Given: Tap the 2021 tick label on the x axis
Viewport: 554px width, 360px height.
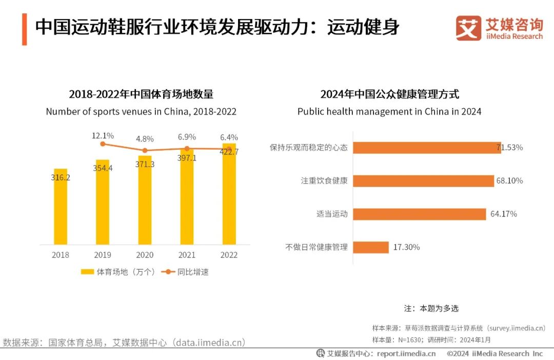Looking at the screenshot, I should click(x=187, y=255).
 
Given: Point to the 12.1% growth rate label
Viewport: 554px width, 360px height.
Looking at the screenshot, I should click(x=103, y=135).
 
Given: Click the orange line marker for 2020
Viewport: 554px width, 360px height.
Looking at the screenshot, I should click(x=145, y=150).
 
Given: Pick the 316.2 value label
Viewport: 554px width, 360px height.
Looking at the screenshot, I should click(x=61, y=177).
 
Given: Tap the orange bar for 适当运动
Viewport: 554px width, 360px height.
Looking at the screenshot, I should click(x=420, y=214).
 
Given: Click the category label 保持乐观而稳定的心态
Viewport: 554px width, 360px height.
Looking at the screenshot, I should click(x=309, y=148).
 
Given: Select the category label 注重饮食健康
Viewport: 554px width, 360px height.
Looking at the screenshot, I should click(x=324, y=181).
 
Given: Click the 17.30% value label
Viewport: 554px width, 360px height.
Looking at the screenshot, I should click(x=406, y=247).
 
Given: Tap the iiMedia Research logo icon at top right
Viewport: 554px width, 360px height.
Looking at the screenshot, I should click(x=468, y=28).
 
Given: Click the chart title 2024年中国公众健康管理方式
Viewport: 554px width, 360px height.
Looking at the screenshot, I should click(x=389, y=94).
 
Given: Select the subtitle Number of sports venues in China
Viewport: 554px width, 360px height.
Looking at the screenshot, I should click(x=141, y=111).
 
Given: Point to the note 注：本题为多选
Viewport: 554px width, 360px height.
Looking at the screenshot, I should click(x=431, y=308).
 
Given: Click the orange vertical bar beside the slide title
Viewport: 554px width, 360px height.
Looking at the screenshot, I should click(x=24, y=29).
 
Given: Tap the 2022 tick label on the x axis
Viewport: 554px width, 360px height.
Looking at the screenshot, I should click(x=229, y=255).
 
